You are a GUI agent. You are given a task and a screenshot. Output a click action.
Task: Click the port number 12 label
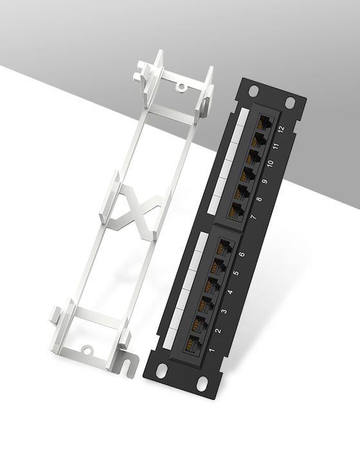click(x=280, y=128)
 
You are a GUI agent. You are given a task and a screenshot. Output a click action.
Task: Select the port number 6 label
click(x=242, y=255)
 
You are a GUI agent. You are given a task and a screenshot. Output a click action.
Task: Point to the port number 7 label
click(x=253, y=218)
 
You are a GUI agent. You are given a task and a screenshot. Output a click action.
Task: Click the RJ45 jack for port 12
click(x=264, y=122)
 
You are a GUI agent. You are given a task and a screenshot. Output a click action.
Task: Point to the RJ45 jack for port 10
click(x=253, y=156)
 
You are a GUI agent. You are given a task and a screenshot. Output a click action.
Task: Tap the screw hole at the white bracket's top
click(x=182, y=85)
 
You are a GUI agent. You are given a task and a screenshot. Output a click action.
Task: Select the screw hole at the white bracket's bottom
click(x=85, y=350)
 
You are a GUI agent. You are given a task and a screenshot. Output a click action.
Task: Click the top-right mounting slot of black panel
click(x=290, y=102)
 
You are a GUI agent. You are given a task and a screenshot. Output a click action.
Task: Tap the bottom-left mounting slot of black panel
click(x=161, y=370)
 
